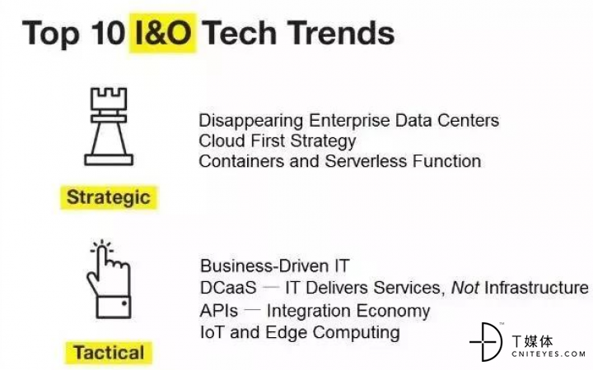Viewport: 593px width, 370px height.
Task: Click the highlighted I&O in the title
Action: coord(163,33)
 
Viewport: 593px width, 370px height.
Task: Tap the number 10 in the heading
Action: coord(108,32)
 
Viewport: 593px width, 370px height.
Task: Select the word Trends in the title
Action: coord(343,33)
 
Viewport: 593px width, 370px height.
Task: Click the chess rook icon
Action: coord(109,127)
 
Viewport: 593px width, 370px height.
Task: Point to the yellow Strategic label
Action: coord(109,197)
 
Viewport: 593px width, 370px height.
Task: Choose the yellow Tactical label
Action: coord(109,353)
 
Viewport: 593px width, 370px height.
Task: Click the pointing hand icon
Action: coord(110,279)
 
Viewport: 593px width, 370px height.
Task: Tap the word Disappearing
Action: coord(251,121)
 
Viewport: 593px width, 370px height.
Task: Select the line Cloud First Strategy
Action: coord(278,141)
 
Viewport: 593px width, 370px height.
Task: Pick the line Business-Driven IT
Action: coord(275,266)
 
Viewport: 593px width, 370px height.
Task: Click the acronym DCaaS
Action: coord(228,288)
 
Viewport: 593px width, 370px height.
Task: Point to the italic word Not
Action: coord(465,288)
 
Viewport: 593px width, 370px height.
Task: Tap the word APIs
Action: coord(219,311)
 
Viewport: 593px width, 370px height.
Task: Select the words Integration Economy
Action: coord(348,311)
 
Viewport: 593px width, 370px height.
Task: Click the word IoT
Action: coord(212,332)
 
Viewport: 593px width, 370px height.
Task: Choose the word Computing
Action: coord(356,333)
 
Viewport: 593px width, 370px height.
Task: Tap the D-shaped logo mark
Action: coord(486,342)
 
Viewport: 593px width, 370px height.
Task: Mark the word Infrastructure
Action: coord(536,288)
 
